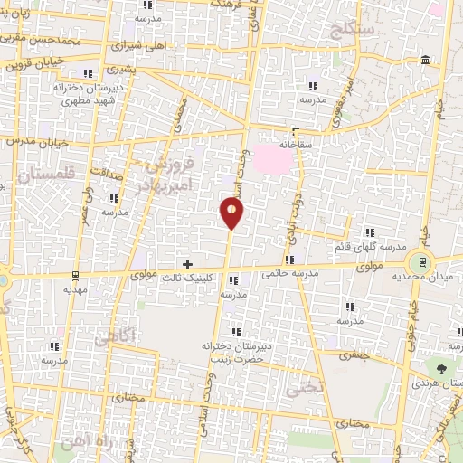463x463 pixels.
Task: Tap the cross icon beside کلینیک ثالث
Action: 188,265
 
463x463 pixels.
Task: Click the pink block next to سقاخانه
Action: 275,158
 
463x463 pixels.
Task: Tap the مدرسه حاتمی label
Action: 291,273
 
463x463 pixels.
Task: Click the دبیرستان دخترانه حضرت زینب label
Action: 232,352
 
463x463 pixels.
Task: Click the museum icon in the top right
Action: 425,61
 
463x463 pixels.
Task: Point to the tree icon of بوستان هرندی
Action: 440,370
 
